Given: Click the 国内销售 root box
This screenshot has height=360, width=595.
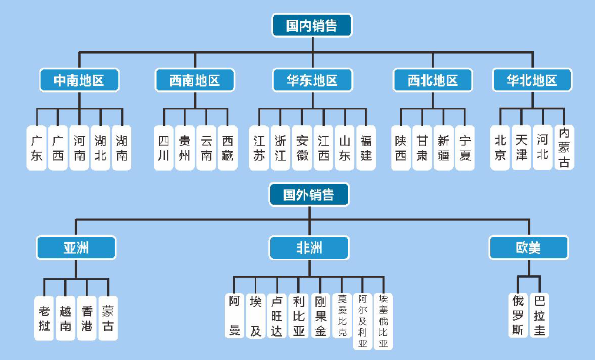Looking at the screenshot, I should coord(312,25).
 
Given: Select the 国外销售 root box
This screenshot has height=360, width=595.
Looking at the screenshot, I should coord(309,195).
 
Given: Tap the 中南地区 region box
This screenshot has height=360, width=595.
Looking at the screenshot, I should coord(79,80).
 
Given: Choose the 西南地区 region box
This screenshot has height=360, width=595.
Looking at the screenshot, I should coord(195,80).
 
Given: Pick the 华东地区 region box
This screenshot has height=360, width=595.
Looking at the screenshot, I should coord(313,80).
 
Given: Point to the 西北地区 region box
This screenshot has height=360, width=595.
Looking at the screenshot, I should coord(433,80).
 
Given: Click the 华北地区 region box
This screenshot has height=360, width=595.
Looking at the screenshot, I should coord(532,80).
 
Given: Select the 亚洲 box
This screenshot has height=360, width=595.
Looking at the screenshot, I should coord(76,248).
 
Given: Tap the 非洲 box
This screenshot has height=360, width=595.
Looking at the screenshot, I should coord(309,248).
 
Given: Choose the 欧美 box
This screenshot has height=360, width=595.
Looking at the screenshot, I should coord(528,248).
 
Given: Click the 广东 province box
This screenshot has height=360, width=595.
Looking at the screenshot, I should coord(36,148).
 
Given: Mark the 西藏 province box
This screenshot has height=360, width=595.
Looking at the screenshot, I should coord(227,148).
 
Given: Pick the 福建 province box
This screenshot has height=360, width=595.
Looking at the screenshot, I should coord(365,148).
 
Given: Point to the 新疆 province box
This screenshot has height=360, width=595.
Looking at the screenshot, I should coord(443,148).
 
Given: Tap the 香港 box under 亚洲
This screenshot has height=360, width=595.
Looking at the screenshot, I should coord(87,318).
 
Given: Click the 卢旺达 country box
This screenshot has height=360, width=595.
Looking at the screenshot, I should coord(277,316).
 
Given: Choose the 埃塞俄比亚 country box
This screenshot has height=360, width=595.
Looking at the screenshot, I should coord(383,321).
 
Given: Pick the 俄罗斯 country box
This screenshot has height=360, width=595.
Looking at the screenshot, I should coord(518,315).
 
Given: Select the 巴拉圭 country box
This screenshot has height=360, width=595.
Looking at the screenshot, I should coord(539,315).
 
